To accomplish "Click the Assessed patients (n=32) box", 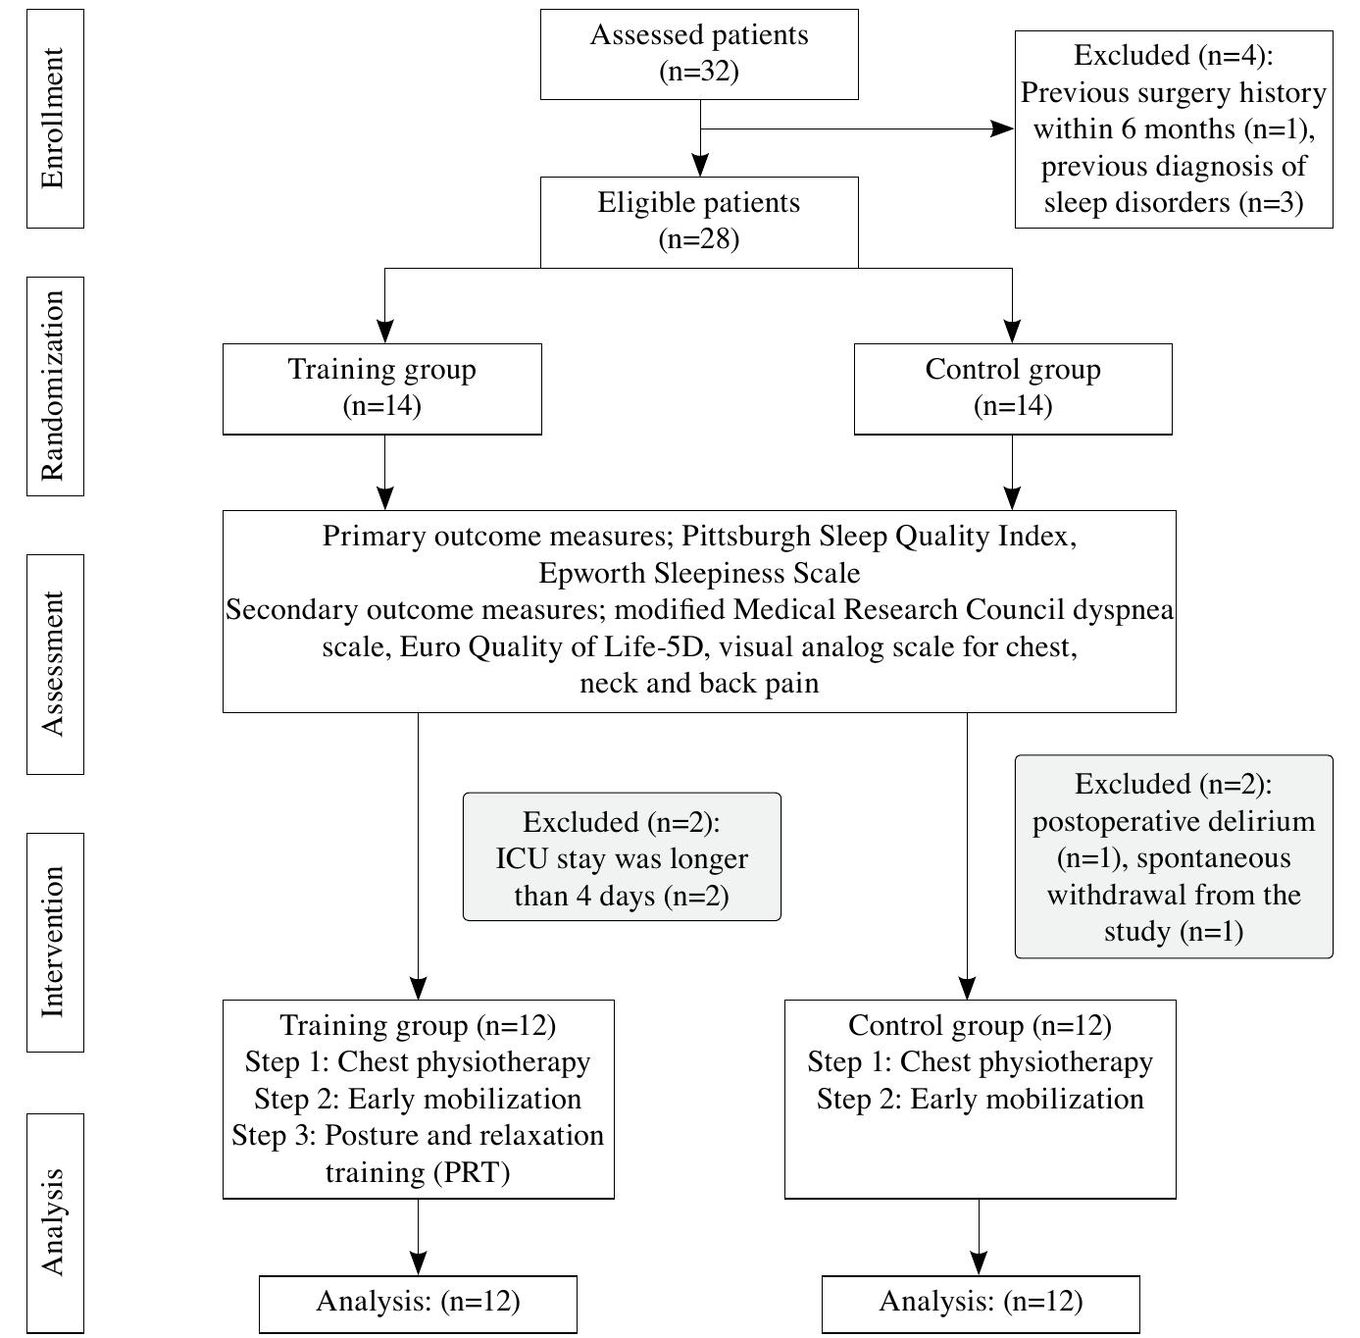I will click(699, 54).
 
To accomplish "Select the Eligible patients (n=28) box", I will click(699, 222).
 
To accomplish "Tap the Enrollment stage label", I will click(55, 119).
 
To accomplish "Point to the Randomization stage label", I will click(55, 386).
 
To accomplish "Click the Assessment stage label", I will click(55, 664).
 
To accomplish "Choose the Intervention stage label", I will click(55, 942).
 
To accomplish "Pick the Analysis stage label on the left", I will click(55, 1222).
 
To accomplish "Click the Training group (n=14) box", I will click(381, 388).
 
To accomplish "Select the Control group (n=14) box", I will click(1013, 388).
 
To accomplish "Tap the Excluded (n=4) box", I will click(1173, 129).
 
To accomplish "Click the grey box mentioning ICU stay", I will click(622, 857).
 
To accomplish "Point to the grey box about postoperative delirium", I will click(1173, 856).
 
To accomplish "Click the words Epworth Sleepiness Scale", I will click(699, 573).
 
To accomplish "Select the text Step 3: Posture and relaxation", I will click(418, 1136).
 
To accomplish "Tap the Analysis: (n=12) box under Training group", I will click(418, 1303).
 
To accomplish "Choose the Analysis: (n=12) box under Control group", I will click(981, 1303).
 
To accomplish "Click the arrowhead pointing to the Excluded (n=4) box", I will click(1003, 129).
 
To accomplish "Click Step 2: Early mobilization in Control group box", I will click(981, 1100).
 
